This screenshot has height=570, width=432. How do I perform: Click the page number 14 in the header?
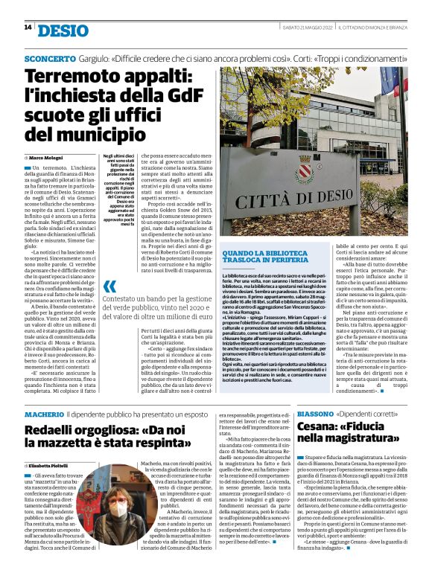point(28,28)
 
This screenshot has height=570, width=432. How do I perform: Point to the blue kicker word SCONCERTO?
point(50,57)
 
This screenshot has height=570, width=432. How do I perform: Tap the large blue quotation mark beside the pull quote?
point(109,287)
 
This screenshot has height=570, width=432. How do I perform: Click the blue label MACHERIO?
point(44,413)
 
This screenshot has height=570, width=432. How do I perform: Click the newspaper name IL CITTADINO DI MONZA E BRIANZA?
point(372,28)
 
